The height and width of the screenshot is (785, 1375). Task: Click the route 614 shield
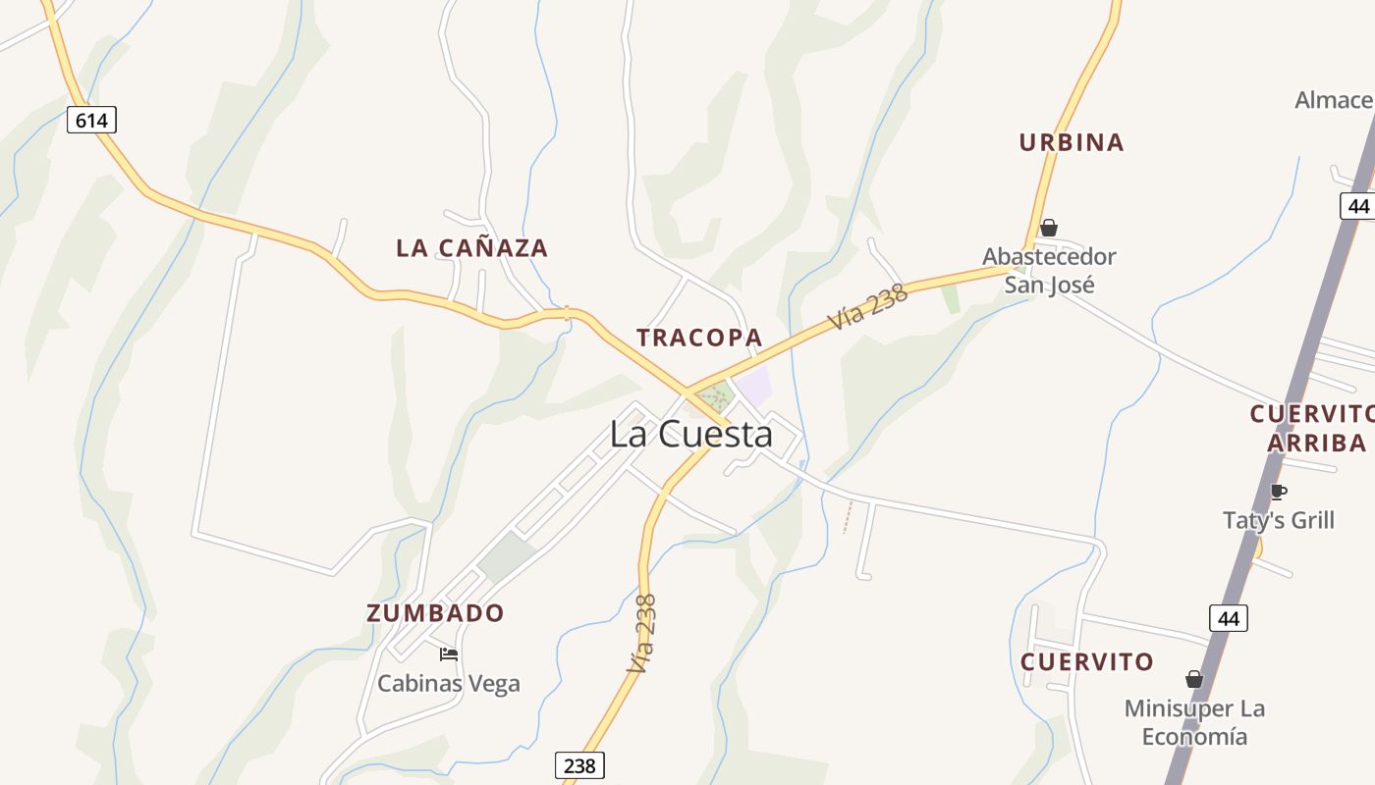tap(91, 120)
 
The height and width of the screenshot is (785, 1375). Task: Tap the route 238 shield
tap(579, 765)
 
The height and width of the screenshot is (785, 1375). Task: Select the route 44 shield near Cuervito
tap(1228, 618)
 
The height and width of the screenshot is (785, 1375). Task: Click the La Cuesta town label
tap(691, 434)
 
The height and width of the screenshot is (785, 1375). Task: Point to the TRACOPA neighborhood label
tap(699, 338)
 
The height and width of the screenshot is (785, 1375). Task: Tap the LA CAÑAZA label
tap(471, 248)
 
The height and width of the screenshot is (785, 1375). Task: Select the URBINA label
tap(1071, 142)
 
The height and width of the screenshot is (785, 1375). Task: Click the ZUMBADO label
tap(435, 613)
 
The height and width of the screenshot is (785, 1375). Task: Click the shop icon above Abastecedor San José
tap(1049, 228)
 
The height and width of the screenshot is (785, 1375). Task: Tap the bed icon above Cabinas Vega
tap(449, 654)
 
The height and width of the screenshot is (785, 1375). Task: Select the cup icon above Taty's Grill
tap(1278, 492)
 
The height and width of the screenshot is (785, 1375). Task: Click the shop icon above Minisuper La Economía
tap(1194, 679)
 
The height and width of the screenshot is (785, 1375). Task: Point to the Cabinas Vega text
tap(449, 684)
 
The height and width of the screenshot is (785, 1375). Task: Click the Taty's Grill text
tap(1279, 520)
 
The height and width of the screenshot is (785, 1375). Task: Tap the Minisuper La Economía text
tap(1194, 722)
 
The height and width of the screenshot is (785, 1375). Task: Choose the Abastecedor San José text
tap(1049, 271)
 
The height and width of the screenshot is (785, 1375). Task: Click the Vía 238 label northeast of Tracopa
tap(866, 307)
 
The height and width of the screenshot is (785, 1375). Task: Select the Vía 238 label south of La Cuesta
tap(642, 633)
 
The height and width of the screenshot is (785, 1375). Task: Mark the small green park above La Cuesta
tap(716, 397)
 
